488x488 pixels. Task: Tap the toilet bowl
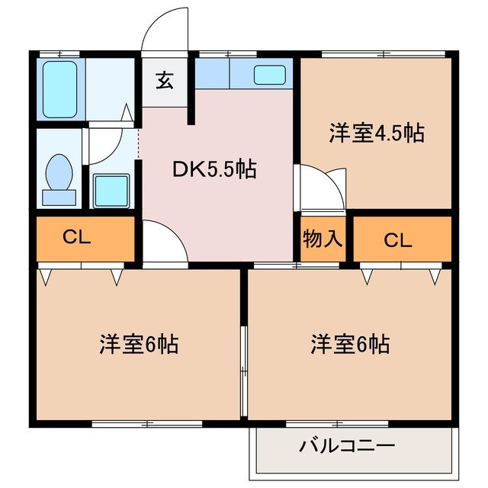tap(59, 174)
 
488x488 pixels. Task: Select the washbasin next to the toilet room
tap(110, 188)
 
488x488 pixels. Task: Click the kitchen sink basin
tap(269, 75)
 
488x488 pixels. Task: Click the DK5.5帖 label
tap(213, 169)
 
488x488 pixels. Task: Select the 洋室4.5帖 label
tap(377, 133)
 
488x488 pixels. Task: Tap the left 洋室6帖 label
tap(139, 344)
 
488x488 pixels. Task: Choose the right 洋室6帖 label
tap(350, 344)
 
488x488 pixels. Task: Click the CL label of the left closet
tap(77, 238)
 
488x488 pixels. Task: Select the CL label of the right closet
tap(397, 240)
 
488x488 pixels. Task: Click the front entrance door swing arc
tap(164, 30)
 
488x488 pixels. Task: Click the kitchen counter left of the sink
tap(221, 75)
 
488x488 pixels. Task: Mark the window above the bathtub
tap(59, 53)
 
